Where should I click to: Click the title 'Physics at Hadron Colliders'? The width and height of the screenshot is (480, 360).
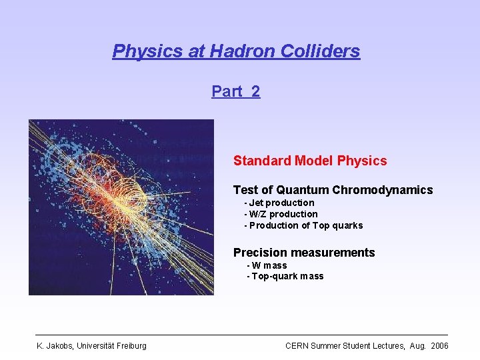pyautogui.click(x=236, y=51)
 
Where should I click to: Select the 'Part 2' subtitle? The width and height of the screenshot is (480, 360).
pyautogui.click(x=236, y=91)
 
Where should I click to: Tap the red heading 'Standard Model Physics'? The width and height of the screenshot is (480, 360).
pyautogui.click(x=309, y=161)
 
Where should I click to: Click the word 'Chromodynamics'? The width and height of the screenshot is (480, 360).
pyautogui.click(x=383, y=190)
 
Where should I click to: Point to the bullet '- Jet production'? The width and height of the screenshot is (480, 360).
pyautogui.click(x=279, y=203)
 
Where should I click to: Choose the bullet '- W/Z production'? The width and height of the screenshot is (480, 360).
pyautogui.click(x=281, y=214)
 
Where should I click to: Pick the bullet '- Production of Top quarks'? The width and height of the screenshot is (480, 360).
pyautogui.click(x=303, y=225)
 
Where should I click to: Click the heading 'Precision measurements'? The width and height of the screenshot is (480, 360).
pyautogui.click(x=304, y=253)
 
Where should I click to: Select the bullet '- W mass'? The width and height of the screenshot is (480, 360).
pyautogui.click(x=267, y=265)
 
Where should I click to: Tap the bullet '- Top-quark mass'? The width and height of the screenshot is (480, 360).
pyautogui.click(x=285, y=276)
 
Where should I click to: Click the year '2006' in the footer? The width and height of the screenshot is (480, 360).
pyautogui.click(x=439, y=345)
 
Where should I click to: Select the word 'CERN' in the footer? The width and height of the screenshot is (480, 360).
pyautogui.click(x=297, y=345)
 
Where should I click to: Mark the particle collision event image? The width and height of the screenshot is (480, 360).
pyautogui.click(x=121, y=207)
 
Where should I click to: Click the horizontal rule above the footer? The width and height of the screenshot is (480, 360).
pyautogui.click(x=241, y=335)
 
